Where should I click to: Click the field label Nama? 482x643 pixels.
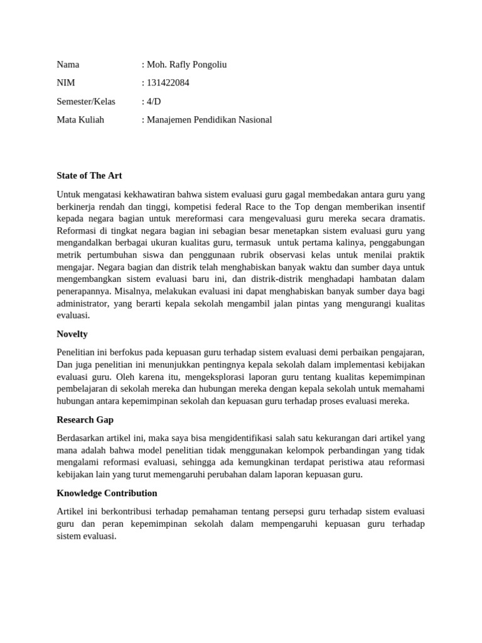pyautogui.click(x=68, y=65)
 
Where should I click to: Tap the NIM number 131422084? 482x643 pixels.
pyautogui.click(x=168, y=83)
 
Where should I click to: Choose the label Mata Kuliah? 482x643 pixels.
pyautogui.click(x=80, y=119)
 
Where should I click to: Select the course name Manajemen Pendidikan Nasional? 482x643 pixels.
pyautogui.click(x=209, y=119)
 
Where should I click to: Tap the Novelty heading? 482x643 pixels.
pyautogui.click(x=72, y=334)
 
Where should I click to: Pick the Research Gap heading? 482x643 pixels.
pyautogui.click(x=85, y=419)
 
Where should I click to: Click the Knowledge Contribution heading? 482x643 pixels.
pyautogui.click(x=107, y=493)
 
